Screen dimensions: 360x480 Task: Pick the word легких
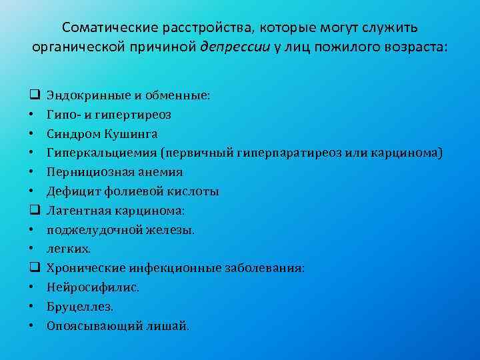click(x=69, y=249)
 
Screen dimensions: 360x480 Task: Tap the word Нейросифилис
click(x=83, y=288)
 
